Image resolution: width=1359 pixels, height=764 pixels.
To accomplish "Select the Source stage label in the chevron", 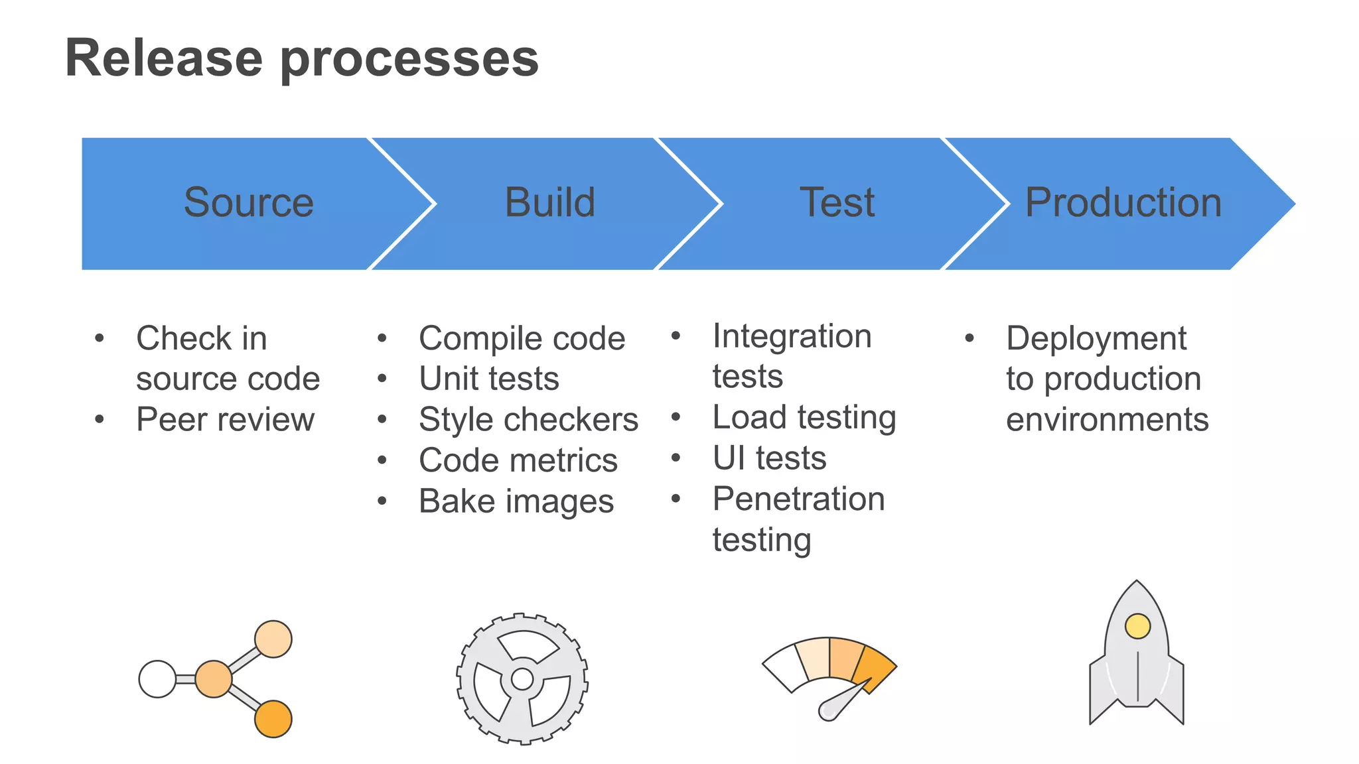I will (248, 202).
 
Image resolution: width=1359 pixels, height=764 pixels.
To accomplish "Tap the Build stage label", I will (549, 202).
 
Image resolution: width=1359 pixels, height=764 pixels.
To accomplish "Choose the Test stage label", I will (837, 202).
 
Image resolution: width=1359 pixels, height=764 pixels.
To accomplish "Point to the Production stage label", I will (1123, 202).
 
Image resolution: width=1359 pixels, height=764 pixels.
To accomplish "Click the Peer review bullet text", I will (225, 420).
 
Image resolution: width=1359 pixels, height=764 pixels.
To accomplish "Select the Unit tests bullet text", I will (489, 379).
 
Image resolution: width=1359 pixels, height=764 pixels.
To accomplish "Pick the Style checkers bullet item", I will (528, 420).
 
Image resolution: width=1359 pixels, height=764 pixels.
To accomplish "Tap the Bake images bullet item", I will (516, 501).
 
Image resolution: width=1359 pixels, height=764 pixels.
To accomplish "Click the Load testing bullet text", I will (804, 418).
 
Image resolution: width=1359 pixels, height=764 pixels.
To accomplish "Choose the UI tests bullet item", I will (769, 458).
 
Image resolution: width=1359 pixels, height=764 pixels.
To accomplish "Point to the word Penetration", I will (798, 499).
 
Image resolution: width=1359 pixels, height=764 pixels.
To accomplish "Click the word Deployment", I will (1096, 338).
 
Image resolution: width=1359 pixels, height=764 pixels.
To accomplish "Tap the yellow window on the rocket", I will (1137, 626).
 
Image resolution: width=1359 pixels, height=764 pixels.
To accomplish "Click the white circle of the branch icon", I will (157, 679).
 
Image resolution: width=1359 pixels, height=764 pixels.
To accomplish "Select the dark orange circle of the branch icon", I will (273, 719).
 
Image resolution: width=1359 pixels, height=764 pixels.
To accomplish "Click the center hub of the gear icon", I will (522, 679).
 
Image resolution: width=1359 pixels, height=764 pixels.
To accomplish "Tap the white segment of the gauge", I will (784, 667).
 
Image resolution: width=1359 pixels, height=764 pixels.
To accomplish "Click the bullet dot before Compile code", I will (382, 339).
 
